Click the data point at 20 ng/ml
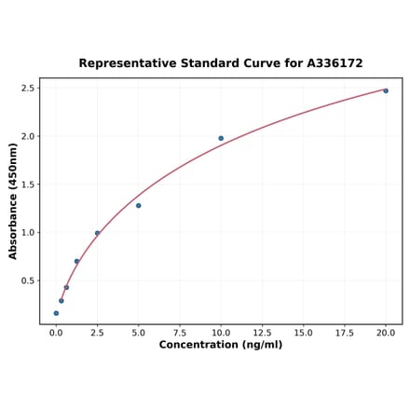[x=386, y=90]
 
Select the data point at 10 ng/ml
[x=221, y=138]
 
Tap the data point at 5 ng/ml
[x=138, y=205]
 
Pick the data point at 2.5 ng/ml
[x=97, y=233]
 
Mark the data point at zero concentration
[x=56, y=313]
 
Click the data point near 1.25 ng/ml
[x=76, y=262]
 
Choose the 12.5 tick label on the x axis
[x=262, y=331]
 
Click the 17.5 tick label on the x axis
[x=345, y=331]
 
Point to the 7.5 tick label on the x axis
[x=180, y=331]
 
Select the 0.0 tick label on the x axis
[x=56, y=331]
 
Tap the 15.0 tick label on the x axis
[x=303, y=331]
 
